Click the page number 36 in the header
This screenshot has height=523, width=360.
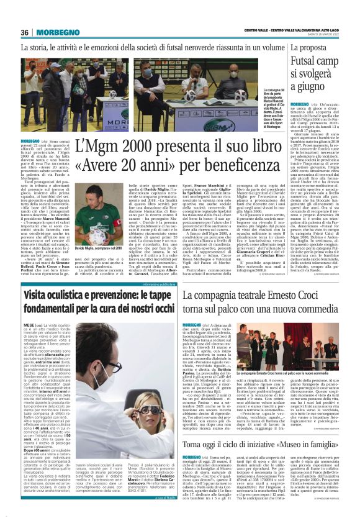coord(25,32)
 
